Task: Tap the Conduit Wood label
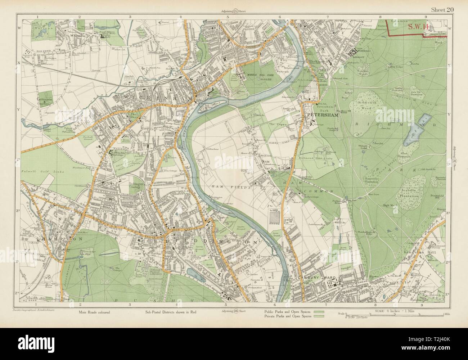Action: pyautogui.click(x=361, y=73)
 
